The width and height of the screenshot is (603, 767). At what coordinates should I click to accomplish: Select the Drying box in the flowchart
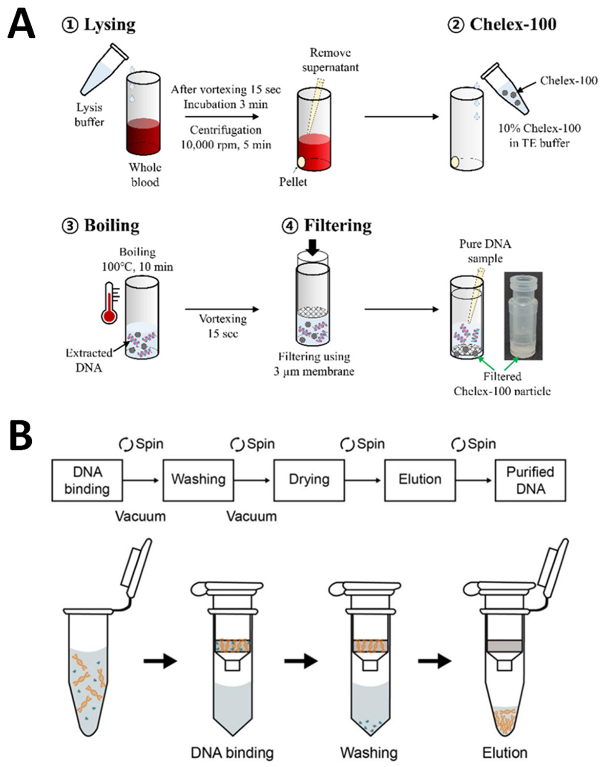(309, 480)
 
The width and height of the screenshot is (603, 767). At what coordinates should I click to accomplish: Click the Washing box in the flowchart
(198, 480)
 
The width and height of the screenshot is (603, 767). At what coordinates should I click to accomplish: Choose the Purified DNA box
(530, 480)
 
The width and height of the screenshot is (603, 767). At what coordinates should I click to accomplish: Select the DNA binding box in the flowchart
(87, 480)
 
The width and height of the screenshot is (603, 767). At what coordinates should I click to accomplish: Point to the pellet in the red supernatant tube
(301, 162)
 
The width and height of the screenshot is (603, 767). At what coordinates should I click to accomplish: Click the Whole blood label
(145, 175)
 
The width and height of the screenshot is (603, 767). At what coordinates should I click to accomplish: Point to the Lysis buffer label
(89, 115)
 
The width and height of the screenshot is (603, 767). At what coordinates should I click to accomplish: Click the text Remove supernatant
(330, 60)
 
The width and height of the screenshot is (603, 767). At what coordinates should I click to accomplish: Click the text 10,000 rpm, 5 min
(226, 145)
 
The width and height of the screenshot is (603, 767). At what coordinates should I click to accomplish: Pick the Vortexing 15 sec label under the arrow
(223, 326)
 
